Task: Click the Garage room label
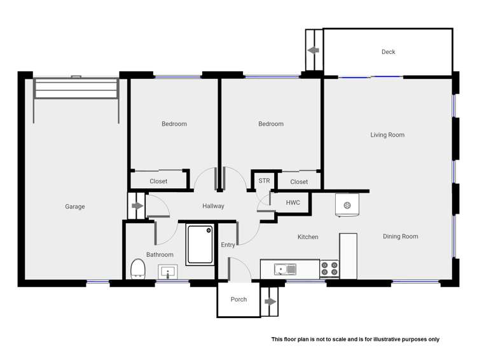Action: (x=74, y=207)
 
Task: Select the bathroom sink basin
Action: (x=167, y=272)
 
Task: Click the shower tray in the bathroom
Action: (x=200, y=244)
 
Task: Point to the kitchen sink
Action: (x=285, y=270)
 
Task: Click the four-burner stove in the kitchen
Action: (x=329, y=268)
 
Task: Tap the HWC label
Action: (x=293, y=203)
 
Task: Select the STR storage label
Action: (x=264, y=181)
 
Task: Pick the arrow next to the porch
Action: (x=270, y=301)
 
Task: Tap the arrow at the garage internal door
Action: (x=137, y=206)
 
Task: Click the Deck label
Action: (x=388, y=52)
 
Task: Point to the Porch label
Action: (x=238, y=300)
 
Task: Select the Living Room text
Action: (x=387, y=135)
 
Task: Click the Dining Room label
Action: (x=400, y=237)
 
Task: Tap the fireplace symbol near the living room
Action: (x=347, y=205)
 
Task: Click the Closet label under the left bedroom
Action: (x=158, y=181)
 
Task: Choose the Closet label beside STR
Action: (x=299, y=182)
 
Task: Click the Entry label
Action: (x=228, y=245)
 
